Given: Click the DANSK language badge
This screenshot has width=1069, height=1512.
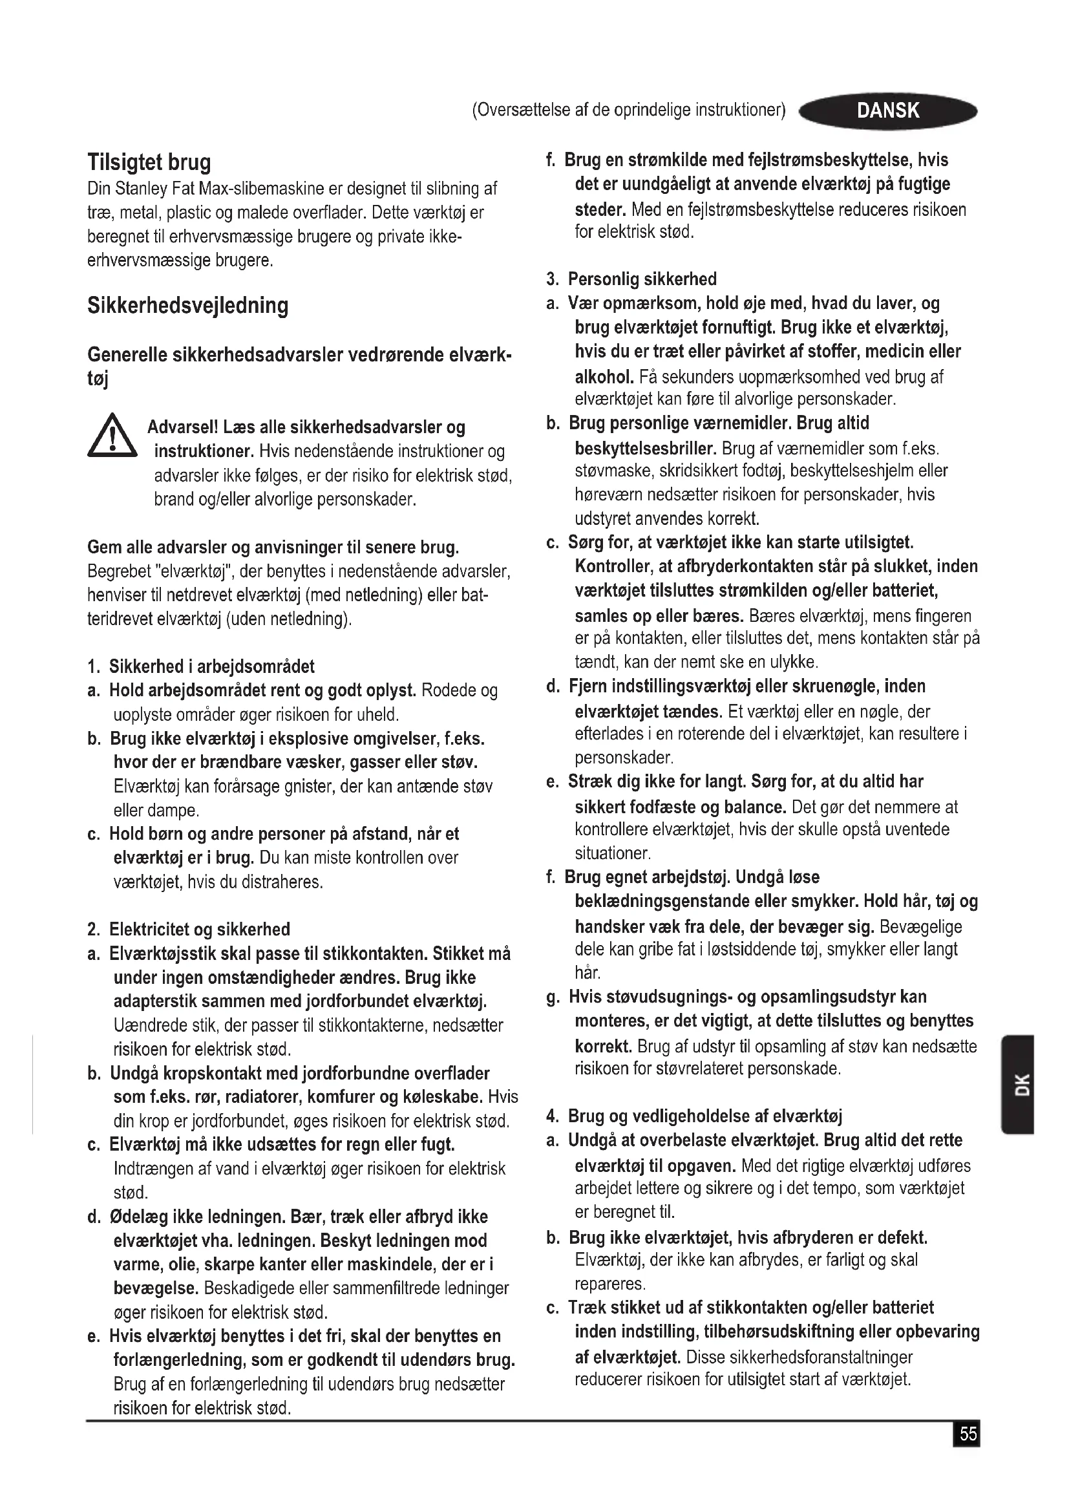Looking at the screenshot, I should [887, 111].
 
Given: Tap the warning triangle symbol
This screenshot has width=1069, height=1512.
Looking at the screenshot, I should [112, 436].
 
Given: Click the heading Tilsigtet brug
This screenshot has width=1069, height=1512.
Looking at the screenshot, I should [149, 162].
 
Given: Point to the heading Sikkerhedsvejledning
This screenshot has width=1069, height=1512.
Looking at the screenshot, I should [187, 306].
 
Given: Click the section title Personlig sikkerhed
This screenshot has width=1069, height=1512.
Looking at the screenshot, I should [642, 279].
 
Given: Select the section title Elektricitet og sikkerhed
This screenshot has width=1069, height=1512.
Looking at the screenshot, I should [199, 929].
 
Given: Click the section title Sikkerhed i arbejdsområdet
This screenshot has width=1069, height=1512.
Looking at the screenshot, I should [211, 666].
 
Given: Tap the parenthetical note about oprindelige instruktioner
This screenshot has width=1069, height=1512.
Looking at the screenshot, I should [629, 111].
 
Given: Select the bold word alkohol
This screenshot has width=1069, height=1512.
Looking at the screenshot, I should [604, 377].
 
